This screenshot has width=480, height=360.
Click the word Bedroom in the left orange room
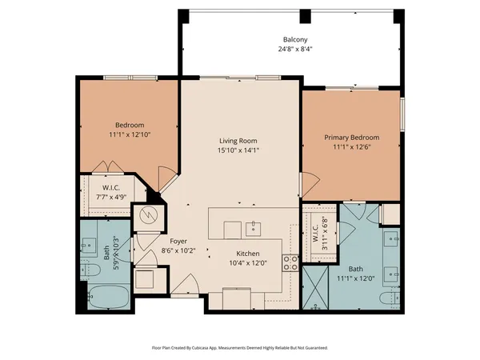coord(129,125)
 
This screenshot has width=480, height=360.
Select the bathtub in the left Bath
coord(106,297)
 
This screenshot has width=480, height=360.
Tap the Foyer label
coord(178,241)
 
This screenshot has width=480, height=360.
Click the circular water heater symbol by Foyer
coord(148,215)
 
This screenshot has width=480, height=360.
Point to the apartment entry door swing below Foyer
coord(190,284)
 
